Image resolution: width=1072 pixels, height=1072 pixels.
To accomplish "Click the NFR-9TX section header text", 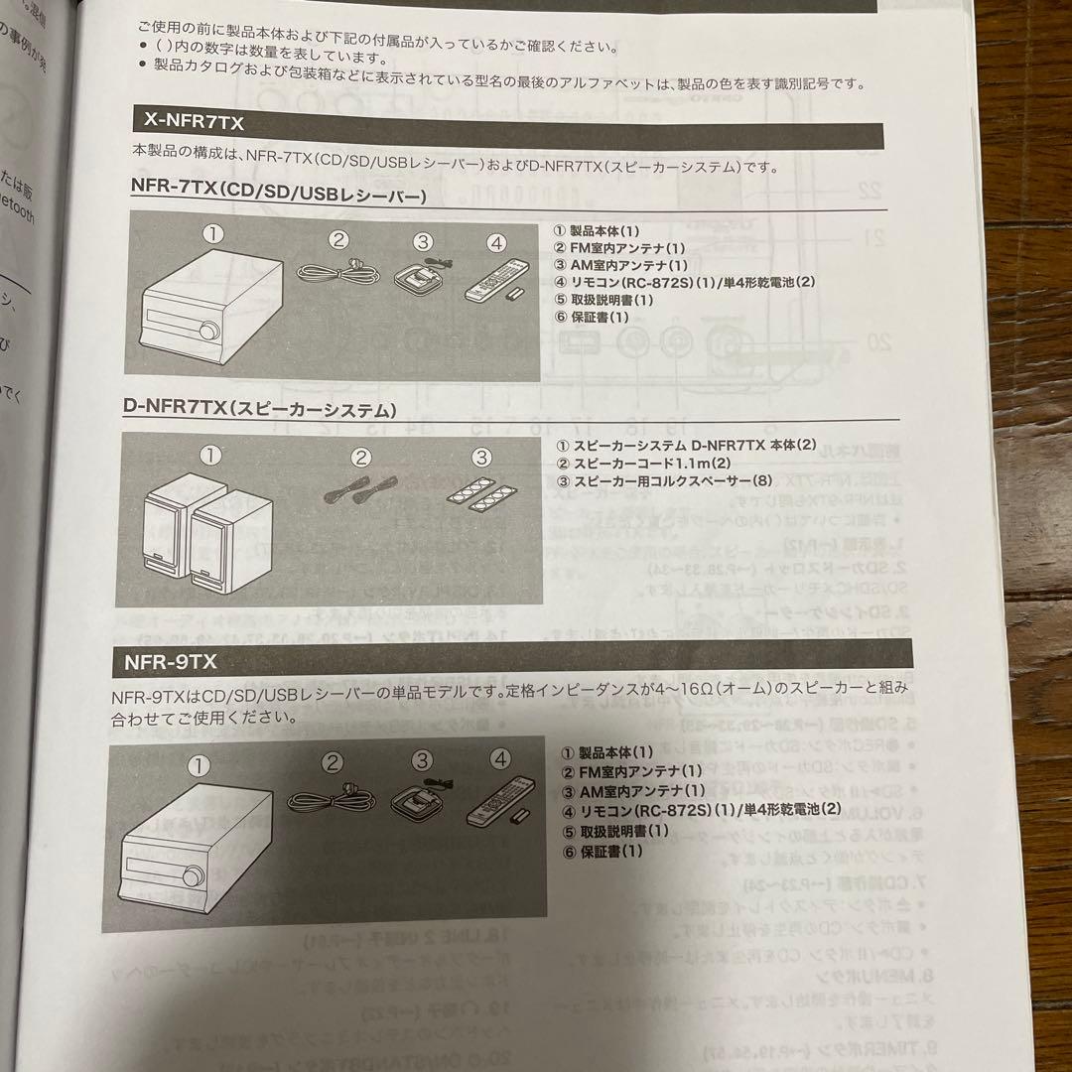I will coord(170,658).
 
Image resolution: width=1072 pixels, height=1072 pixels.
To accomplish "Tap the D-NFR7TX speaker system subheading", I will coord(261,409).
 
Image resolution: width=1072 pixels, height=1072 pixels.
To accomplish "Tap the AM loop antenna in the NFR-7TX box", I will coord(422,273).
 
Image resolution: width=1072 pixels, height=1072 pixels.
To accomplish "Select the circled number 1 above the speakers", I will coord(209,457).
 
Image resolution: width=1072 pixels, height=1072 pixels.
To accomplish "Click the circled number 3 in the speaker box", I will coord(480,458).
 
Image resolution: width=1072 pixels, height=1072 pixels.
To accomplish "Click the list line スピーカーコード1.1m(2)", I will coord(644,464).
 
